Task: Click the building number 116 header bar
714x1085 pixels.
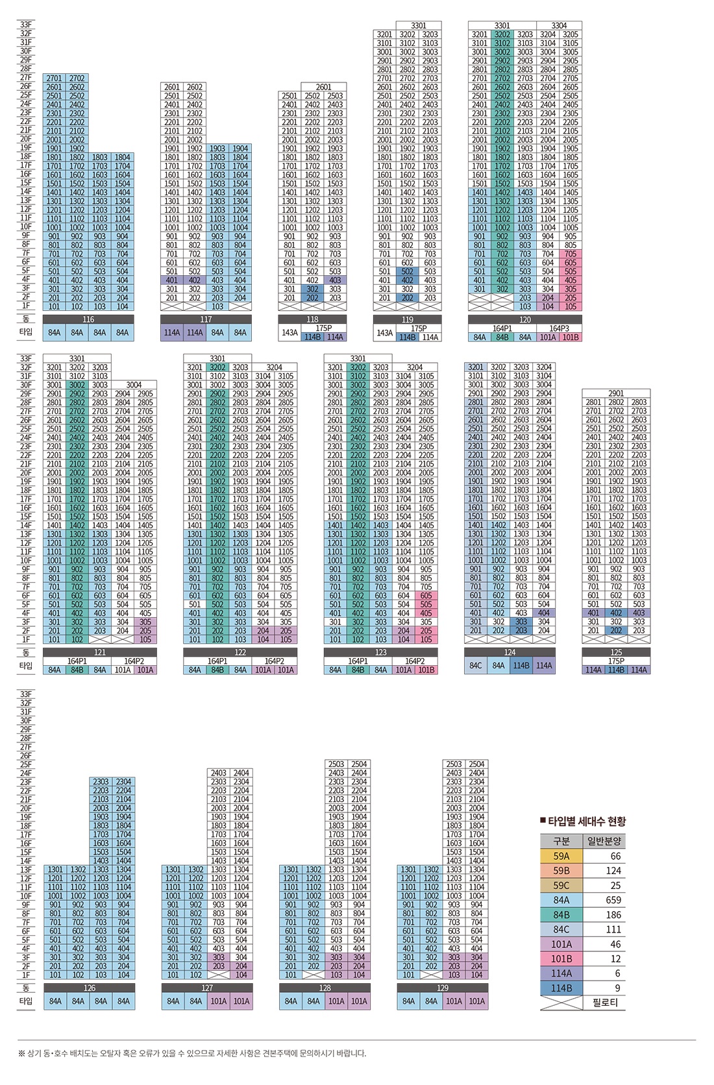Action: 88,319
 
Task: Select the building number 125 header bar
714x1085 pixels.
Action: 616,652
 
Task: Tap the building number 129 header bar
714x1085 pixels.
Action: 443,988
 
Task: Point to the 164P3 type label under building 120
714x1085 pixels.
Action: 559,328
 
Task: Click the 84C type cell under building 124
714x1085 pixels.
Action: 476,666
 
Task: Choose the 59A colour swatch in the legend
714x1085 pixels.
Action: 561,856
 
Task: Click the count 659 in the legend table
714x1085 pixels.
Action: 613,900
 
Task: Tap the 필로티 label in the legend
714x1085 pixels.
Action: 605,1003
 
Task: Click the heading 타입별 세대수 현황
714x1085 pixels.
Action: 587,821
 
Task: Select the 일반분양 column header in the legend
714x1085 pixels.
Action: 604,841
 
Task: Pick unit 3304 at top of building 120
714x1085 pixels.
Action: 559,26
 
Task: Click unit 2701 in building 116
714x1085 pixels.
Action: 55,78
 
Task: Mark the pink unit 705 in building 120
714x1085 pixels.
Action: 571,254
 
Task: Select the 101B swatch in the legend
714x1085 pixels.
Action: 561,958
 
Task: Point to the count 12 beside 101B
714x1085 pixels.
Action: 615,958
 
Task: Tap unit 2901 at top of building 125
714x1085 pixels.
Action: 616,393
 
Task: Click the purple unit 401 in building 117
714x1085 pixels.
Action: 172,280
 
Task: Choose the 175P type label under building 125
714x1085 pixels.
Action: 616,661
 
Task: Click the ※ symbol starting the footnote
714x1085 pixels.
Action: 21,1053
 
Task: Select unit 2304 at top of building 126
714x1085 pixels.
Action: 123,781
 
